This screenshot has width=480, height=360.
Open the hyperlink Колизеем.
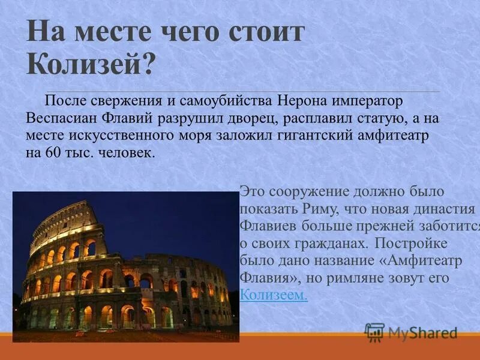coord(274,295)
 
